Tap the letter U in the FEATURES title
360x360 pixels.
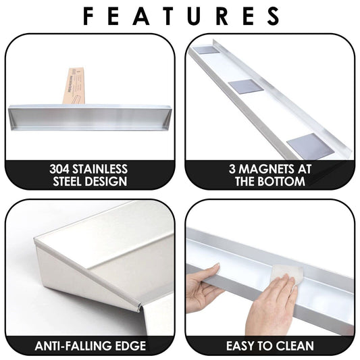[x=195, y=16]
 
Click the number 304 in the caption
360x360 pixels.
[x=59, y=170]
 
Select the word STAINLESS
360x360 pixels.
[x=100, y=170]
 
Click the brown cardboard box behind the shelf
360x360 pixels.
[x=74, y=86]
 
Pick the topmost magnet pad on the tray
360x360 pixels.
[x=206, y=50]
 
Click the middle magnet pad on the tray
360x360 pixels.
[x=246, y=86]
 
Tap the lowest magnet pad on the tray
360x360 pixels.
[x=307, y=145]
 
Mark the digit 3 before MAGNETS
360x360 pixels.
[x=232, y=170]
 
